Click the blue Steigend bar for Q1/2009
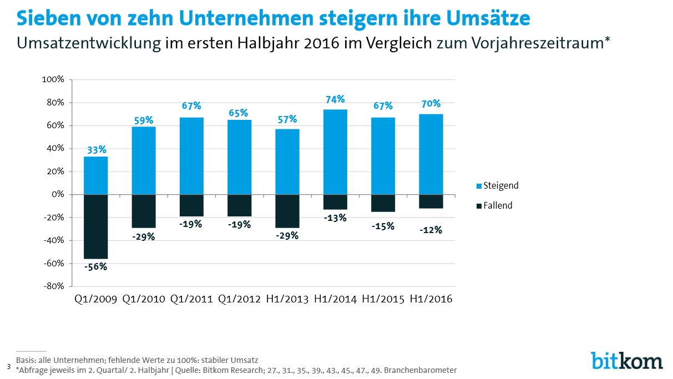click(x=96, y=175)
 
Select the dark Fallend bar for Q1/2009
click(x=96, y=226)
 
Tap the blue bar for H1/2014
click(x=335, y=152)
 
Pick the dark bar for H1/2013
click(x=287, y=211)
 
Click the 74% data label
click(x=335, y=99)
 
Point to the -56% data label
click(x=95, y=266)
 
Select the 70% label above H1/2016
click(x=431, y=104)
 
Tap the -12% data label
click(x=431, y=230)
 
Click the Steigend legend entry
click(x=498, y=186)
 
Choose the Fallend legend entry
click(x=494, y=205)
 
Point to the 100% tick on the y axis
click(x=53, y=79)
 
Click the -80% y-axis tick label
click(x=54, y=286)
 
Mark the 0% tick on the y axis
click(x=58, y=194)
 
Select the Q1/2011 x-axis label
click(x=191, y=299)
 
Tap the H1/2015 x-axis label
click(x=383, y=299)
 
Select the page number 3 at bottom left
click(x=9, y=366)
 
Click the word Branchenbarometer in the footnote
click(x=421, y=370)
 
